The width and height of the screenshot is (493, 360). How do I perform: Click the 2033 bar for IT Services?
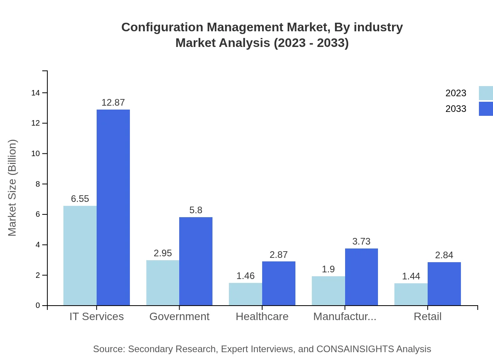pos(113,207)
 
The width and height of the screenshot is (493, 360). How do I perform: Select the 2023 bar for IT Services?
pos(80,256)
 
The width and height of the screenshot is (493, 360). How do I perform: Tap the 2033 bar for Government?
pos(196,261)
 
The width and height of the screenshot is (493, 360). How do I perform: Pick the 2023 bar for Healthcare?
pos(245,294)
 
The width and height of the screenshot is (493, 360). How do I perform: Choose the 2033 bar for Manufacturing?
pos(361,277)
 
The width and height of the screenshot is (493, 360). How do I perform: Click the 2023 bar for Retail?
pos(411,294)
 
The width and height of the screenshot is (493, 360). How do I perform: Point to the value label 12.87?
pos(113,103)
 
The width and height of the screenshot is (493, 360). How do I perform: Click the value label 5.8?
pos(196,210)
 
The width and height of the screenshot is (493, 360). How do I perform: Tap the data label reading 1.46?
pos(245,276)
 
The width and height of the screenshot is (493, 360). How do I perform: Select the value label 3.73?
pos(361,241)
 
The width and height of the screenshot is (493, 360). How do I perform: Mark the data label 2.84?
pos(444,255)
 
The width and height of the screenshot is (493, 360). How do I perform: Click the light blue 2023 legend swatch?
pos(486,93)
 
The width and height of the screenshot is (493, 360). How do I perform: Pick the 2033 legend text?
pos(456,109)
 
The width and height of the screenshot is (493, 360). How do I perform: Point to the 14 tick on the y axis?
pos(36,93)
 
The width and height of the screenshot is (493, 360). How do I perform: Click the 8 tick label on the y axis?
pos(38,184)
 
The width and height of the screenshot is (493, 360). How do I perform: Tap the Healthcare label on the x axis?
pos(262,317)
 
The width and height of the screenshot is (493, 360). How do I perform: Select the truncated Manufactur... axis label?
pos(345,317)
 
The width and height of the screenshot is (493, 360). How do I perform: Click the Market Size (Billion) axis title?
pos(13,188)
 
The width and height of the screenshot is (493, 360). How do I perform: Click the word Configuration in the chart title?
pos(162,27)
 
